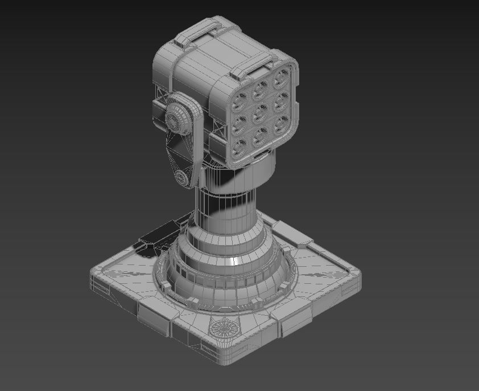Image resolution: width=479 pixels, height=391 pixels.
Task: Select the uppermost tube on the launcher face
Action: pos(280,78)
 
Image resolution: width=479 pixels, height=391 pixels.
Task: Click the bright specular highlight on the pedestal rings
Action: pos(234,261)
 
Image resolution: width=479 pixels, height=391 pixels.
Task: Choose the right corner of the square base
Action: pos(355,279)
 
